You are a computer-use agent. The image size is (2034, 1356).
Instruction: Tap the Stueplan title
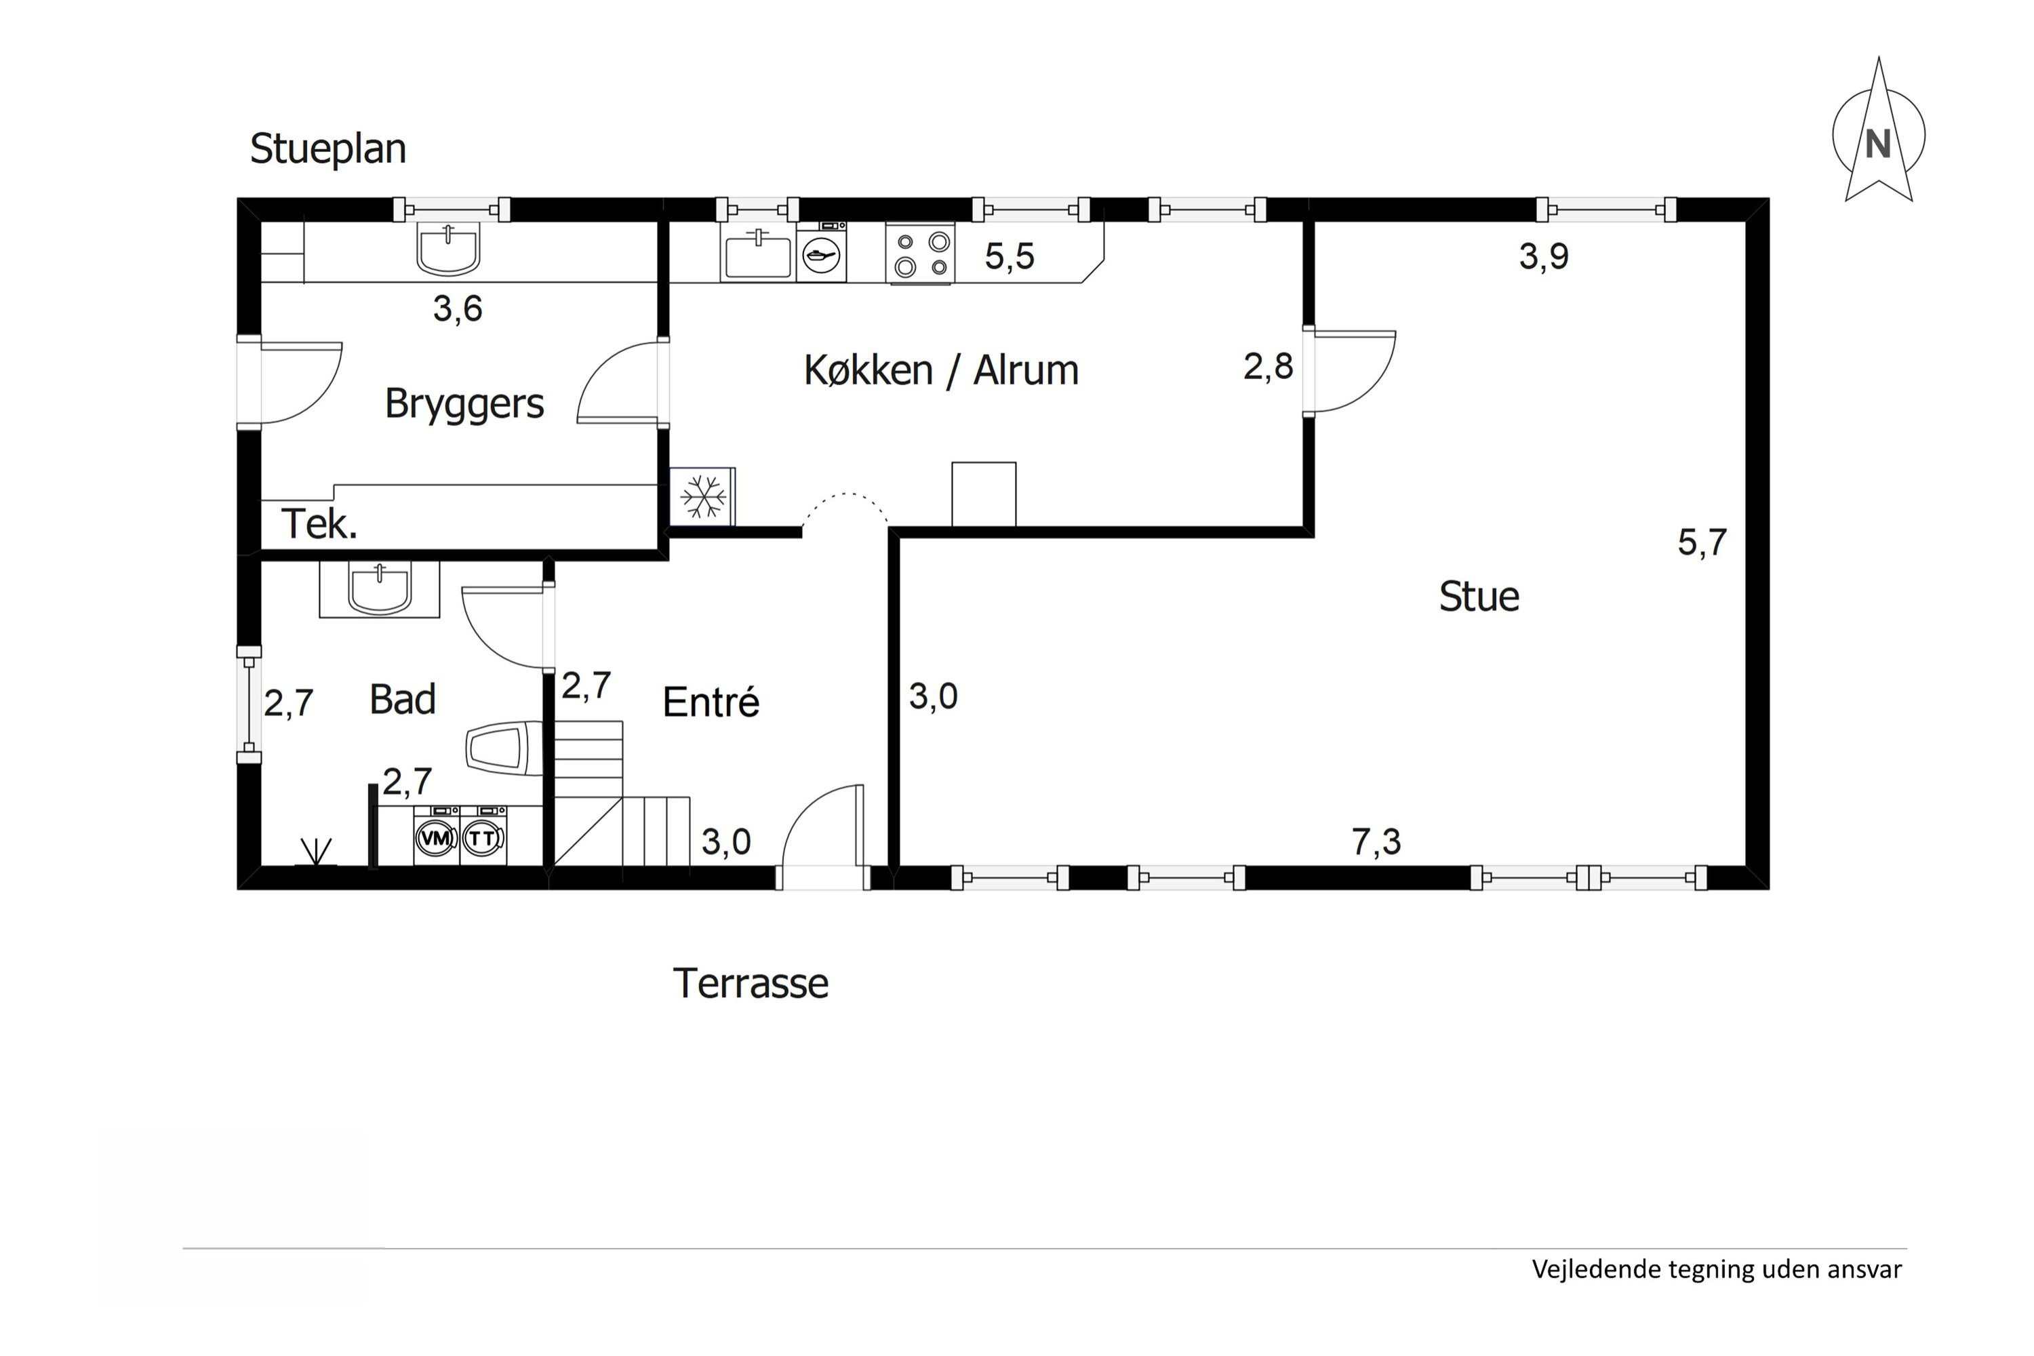point(327,148)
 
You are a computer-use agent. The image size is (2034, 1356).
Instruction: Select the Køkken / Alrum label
point(941,370)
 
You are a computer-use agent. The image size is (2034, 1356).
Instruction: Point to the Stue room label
point(1479,597)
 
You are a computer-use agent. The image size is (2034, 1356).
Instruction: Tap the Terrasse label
point(751,983)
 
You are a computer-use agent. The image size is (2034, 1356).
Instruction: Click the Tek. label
point(319,524)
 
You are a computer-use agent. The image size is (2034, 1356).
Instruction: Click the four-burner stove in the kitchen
point(920,254)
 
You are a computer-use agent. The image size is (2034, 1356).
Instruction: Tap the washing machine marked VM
point(436,835)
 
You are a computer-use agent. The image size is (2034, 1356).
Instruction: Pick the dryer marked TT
point(483,835)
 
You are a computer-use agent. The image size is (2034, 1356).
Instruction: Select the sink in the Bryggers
point(448,248)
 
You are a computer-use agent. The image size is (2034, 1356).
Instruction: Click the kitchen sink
point(757,254)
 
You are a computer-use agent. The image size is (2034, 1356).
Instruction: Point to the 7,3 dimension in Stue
point(1376,841)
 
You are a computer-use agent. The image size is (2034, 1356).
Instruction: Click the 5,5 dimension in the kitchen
point(1010,257)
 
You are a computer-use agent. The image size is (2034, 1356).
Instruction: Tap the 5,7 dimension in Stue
point(1702,542)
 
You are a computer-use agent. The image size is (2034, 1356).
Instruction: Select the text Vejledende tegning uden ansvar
point(1717,1269)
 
